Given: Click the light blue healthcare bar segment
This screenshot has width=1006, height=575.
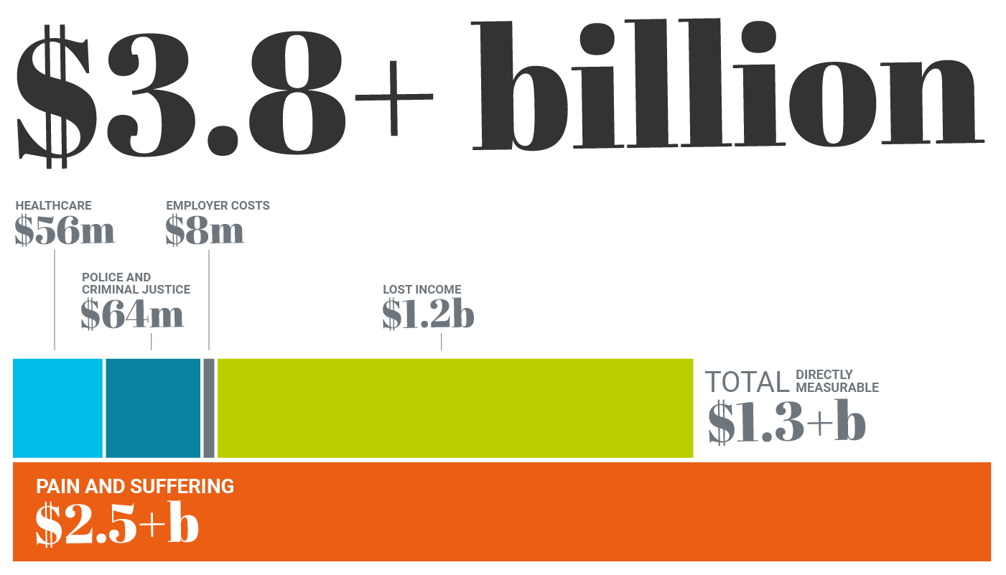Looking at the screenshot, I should point(57,408).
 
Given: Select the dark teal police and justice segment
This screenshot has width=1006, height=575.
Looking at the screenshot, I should point(152,408).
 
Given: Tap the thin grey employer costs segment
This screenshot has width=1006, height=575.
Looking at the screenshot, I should point(209,408).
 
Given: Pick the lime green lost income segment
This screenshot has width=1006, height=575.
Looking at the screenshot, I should point(455,408).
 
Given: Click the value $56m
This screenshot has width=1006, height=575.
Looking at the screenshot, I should point(65,231).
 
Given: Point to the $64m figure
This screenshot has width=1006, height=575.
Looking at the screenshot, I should point(132,315).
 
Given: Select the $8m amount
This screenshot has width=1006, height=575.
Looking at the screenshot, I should point(205,231).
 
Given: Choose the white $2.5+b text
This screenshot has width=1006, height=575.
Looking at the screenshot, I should point(117,525).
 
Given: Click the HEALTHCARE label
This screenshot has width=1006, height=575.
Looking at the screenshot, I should point(54,206).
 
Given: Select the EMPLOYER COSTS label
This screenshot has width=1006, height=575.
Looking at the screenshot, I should point(218,206).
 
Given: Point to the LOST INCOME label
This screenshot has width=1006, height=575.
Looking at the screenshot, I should point(422,290).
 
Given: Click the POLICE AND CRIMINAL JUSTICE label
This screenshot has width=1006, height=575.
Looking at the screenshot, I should point(136,284).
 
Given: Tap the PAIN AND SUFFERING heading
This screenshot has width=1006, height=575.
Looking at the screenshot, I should point(135,487).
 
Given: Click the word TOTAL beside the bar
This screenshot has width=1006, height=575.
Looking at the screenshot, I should point(747,383).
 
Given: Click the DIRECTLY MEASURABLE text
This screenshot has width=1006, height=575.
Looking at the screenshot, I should point(837,381).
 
